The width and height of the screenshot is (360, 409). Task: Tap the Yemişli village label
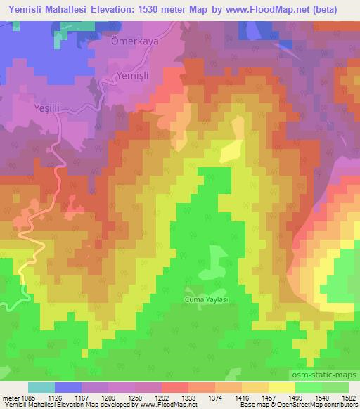point(134,75)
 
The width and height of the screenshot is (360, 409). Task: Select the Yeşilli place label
point(49,110)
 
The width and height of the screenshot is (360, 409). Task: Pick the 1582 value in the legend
point(347,398)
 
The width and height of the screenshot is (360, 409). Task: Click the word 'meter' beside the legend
point(11,398)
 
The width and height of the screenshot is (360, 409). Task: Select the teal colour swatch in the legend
point(41,387)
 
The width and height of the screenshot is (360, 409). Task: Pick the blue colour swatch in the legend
point(69,387)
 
